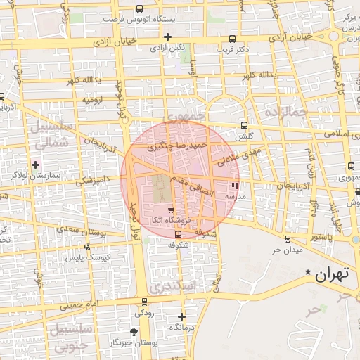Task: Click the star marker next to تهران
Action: tap(307, 272)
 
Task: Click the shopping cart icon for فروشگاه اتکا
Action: tap(171, 210)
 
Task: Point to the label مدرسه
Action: tap(234, 197)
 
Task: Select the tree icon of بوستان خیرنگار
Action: tap(134, 331)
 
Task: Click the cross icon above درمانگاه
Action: tap(181, 316)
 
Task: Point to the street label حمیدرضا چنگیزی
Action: tap(177, 146)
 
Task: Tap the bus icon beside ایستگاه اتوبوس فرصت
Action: tap(139, 10)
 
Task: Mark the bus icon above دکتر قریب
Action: tap(233, 39)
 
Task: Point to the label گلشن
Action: tap(245, 136)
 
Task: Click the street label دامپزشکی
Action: tap(94, 181)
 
